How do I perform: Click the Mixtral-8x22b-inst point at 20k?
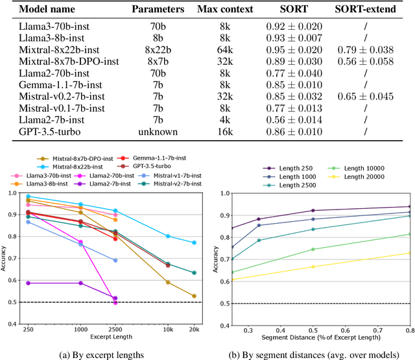point(194,243)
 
